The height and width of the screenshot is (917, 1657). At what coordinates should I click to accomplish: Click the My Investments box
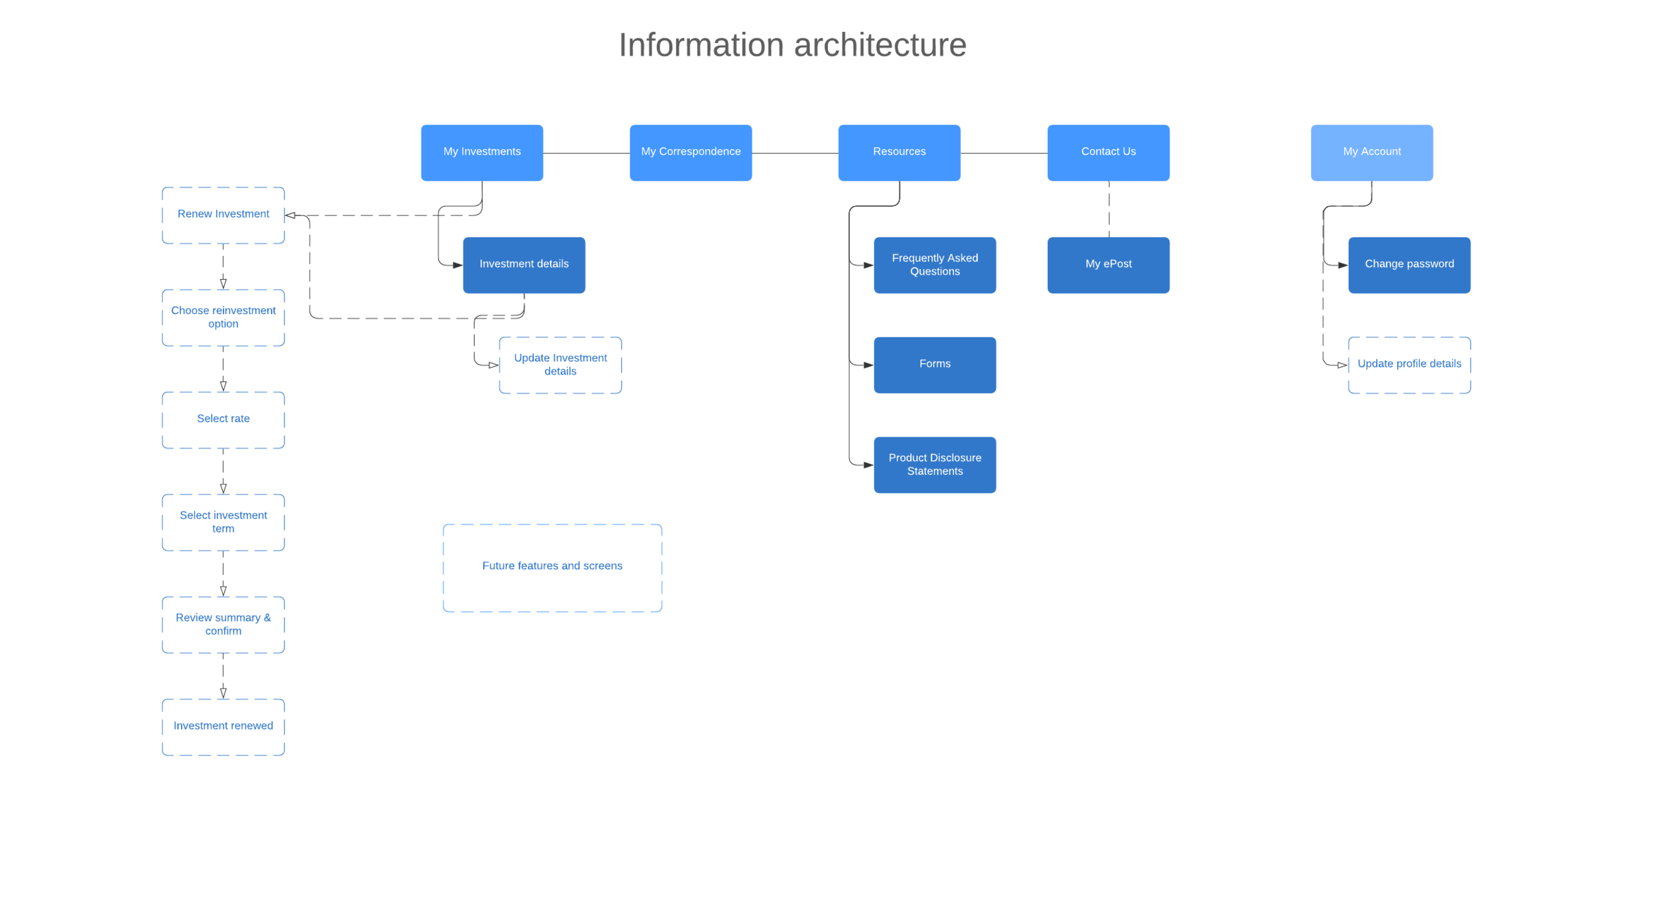click(x=482, y=152)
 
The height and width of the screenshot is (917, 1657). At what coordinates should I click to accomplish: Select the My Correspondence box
click(x=691, y=152)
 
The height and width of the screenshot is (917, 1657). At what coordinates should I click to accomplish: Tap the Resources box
click(x=899, y=152)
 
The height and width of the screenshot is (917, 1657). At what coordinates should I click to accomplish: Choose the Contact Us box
click(x=1108, y=152)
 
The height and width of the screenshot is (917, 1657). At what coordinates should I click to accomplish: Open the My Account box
click(x=1371, y=152)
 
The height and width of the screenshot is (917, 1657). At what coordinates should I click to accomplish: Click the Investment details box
click(x=524, y=264)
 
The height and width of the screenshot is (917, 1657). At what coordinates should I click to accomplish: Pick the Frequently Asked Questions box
click(x=935, y=264)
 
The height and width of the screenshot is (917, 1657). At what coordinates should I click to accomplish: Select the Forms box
click(x=935, y=364)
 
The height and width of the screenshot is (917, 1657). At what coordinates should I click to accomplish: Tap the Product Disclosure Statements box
click(x=935, y=464)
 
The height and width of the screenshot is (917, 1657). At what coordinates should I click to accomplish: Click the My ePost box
click(x=1108, y=264)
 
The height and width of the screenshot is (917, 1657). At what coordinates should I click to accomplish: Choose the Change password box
click(x=1409, y=264)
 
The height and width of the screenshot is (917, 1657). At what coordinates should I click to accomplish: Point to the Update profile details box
click(x=1409, y=364)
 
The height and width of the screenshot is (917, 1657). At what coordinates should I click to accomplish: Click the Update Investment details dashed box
click(x=560, y=365)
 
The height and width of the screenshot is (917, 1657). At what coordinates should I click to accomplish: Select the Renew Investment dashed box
click(x=223, y=215)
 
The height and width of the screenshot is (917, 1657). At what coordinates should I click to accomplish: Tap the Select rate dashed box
click(x=223, y=419)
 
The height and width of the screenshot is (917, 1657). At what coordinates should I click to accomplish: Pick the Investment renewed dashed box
click(x=223, y=726)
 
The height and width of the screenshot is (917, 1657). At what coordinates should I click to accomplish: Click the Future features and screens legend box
click(x=552, y=567)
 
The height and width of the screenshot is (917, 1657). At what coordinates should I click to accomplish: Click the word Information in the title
click(x=701, y=45)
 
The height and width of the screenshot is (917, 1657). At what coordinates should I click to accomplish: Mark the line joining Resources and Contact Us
click(x=1003, y=153)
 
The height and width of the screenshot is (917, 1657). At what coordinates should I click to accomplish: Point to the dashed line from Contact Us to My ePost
click(x=1109, y=209)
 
